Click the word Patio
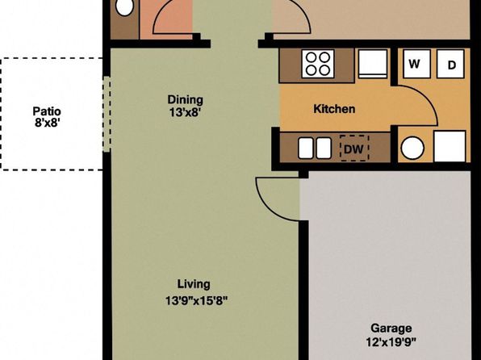pyautogui.click(x=47, y=111)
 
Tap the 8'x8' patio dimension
pyautogui.click(x=47, y=123)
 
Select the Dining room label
pyautogui.click(x=186, y=100)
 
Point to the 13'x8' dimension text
pyautogui.click(x=185, y=112)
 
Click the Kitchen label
pyautogui.click(x=334, y=109)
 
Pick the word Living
pyautogui.click(x=194, y=284)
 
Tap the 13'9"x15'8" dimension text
pyautogui.click(x=197, y=300)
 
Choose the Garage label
pyautogui.click(x=391, y=329)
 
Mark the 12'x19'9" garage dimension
pyautogui.click(x=391, y=341)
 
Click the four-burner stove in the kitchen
pyautogui.click(x=318, y=64)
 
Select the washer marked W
pyautogui.click(x=416, y=64)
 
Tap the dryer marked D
pyautogui.click(x=450, y=64)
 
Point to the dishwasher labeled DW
pyautogui.click(x=354, y=148)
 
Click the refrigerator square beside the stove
pyautogui.click(x=373, y=64)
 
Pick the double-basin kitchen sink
pyautogui.click(x=315, y=148)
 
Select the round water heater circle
pyautogui.click(x=412, y=148)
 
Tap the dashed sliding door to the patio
pyautogui.click(x=107, y=114)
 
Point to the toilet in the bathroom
pyautogui.click(x=124, y=6)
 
